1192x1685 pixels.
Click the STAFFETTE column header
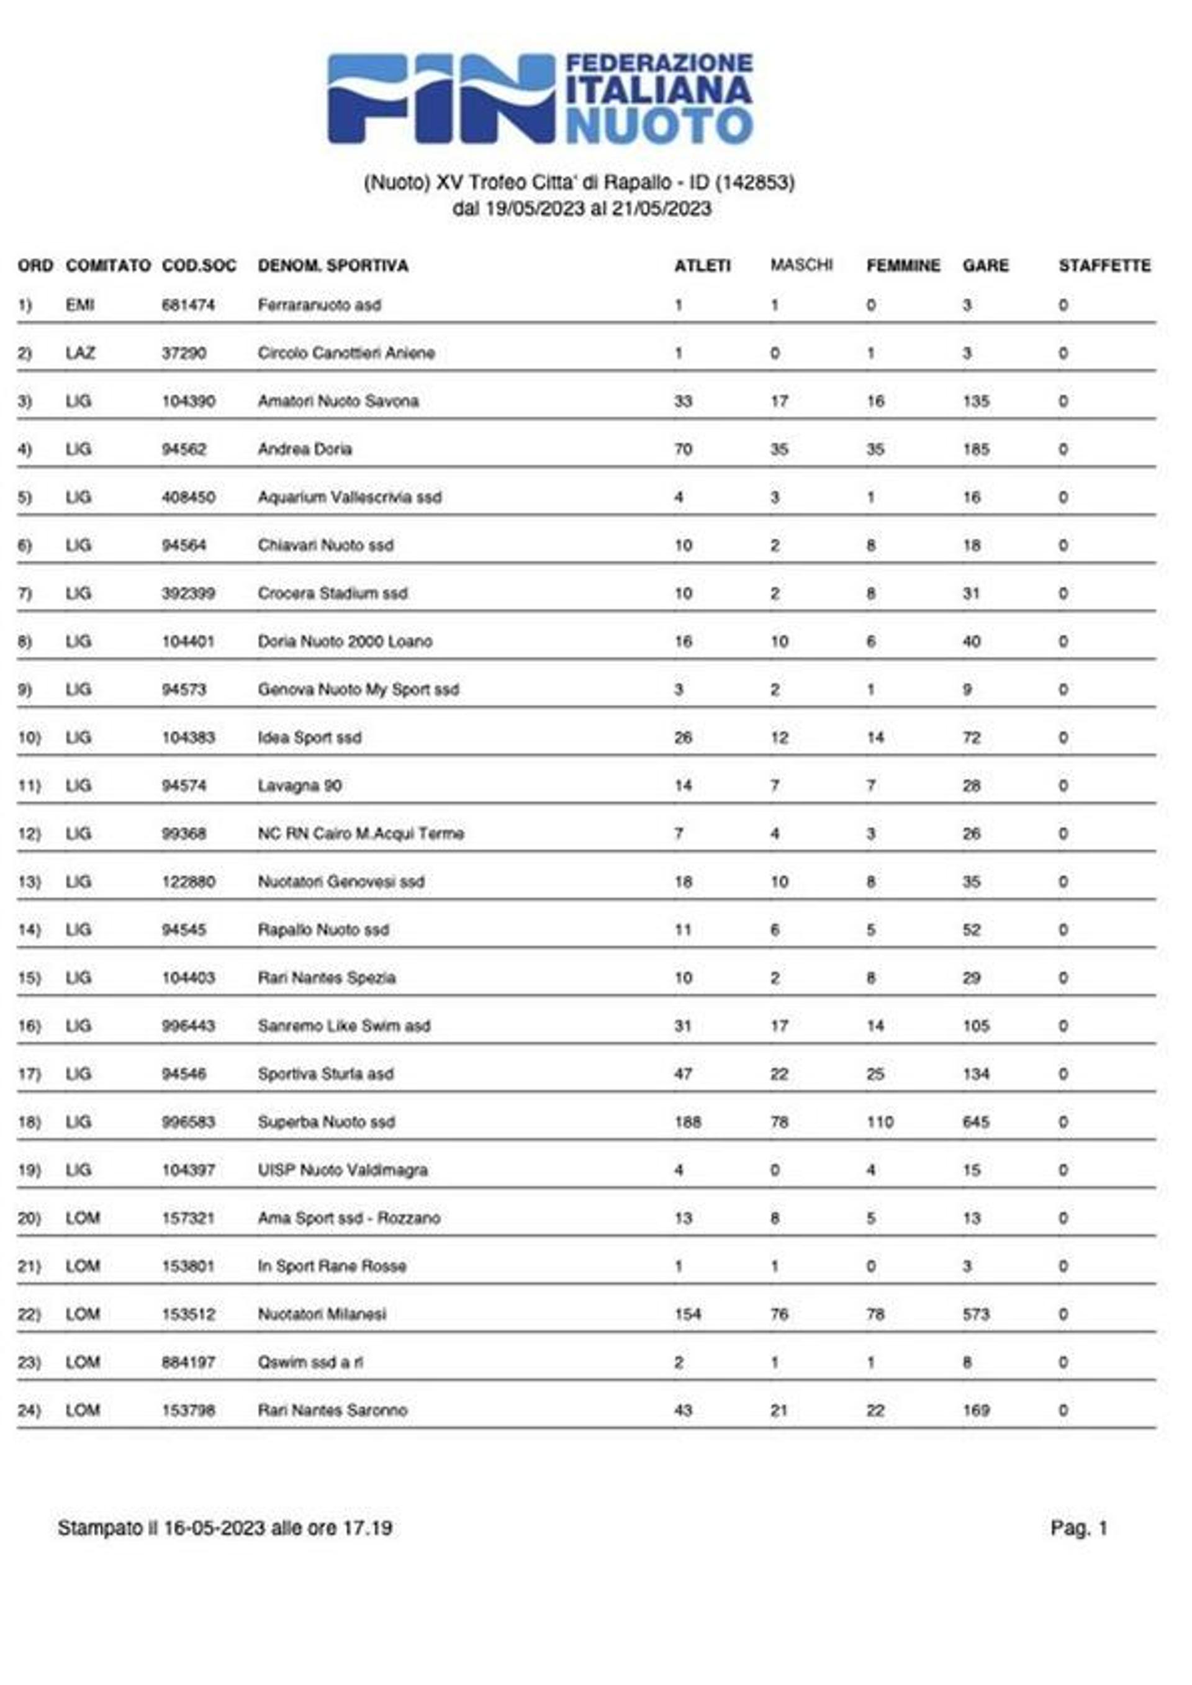(1104, 266)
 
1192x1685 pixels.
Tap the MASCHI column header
(801, 265)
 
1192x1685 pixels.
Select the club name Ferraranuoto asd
(319, 305)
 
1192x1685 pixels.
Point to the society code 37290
(184, 354)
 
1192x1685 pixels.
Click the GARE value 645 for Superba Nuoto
(975, 1122)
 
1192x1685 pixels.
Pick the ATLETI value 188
(688, 1122)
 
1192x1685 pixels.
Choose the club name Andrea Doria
(305, 449)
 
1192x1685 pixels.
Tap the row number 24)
(29, 1411)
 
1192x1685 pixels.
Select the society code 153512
(189, 1314)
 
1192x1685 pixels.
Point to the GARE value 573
(975, 1314)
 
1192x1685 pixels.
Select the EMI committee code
(79, 305)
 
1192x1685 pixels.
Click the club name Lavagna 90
(299, 786)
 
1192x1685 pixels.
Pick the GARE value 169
(975, 1411)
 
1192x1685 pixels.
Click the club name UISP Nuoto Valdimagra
(342, 1170)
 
